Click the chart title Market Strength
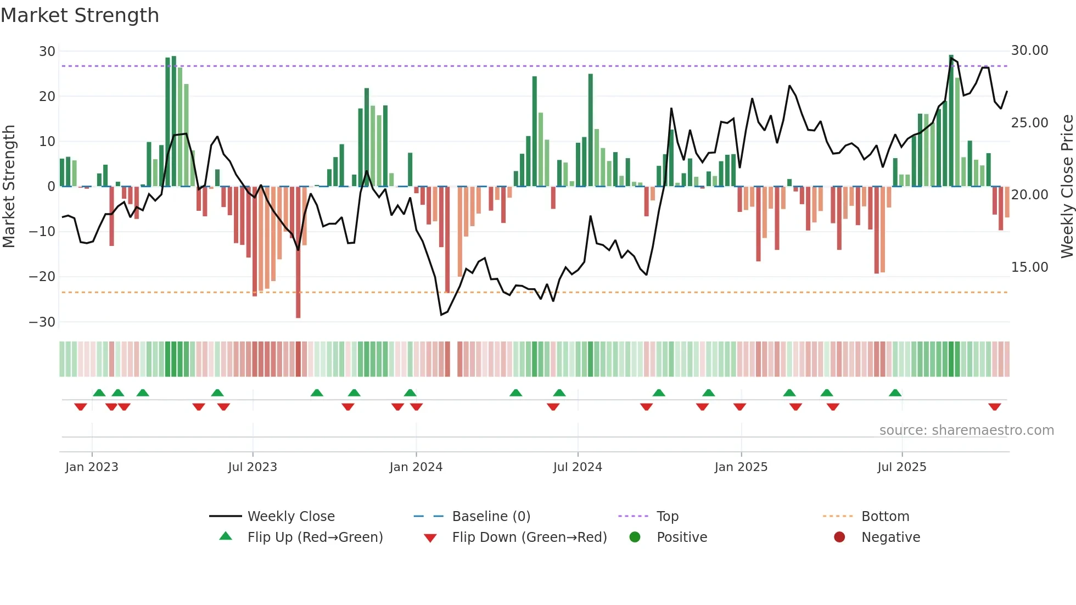[x=80, y=15]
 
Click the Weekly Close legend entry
[x=290, y=516]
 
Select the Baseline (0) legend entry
[x=491, y=516]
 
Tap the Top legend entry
[x=667, y=516]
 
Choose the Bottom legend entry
[x=885, y=516]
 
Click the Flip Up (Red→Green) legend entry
[x=315, y=537]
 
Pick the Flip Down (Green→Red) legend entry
[x=529, y=537]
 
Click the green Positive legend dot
[x=635, y=537]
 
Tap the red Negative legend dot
[x=839, y=537]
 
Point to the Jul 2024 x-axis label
[x=578, y=467]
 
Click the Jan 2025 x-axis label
[x=741, y=467]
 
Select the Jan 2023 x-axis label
[x=92, y=467]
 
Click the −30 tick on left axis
[x=42, y=322]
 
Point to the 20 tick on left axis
[x=47, y=97]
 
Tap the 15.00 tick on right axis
[x=1029, y=267]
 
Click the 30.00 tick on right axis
[x=1029, y=51]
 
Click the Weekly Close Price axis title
[x=1067, y=187]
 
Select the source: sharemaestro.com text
[x=966, y=430]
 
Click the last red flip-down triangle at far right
[x=994, y=407]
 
